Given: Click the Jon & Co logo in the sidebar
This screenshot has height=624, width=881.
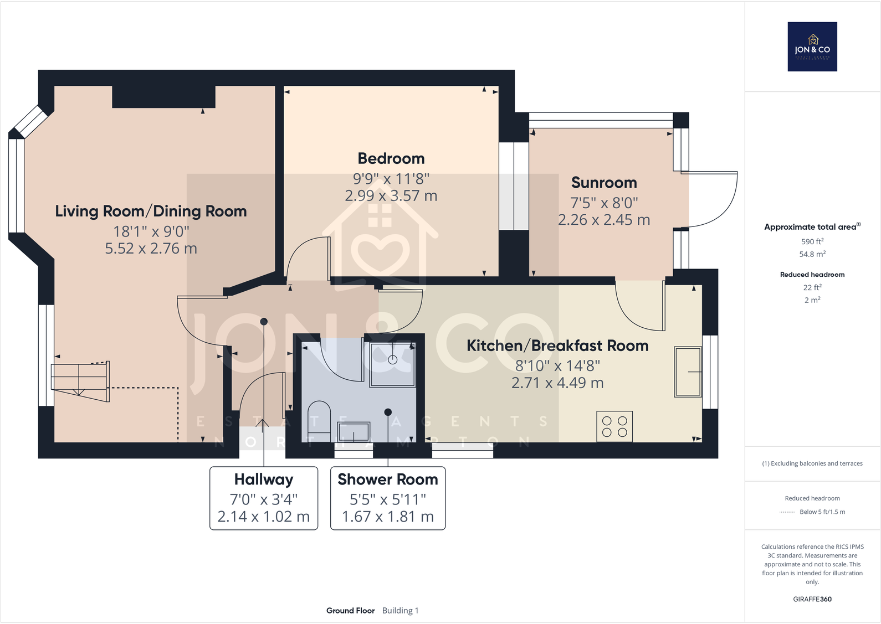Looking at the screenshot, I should [812, 47].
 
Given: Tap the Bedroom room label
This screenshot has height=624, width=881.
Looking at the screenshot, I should [391, 158].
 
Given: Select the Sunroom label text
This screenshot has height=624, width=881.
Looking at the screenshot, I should [604, 183].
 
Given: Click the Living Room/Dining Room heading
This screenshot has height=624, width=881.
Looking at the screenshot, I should [151, 211].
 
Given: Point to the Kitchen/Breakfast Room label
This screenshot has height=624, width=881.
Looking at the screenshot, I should [557, 345].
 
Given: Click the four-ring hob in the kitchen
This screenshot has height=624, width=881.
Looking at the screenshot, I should [614, 426].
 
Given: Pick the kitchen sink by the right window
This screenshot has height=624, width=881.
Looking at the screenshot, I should [688, 372].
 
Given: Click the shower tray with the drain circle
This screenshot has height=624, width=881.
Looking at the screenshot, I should [392, 364].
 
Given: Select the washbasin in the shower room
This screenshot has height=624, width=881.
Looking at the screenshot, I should [354, 431].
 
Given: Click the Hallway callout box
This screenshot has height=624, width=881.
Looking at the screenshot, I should [264, 498].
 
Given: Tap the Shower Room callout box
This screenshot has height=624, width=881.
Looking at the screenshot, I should [388, 498].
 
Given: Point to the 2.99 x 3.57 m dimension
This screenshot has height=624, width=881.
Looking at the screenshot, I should [391, 195].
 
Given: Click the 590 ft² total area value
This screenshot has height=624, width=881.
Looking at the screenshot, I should [812, 241].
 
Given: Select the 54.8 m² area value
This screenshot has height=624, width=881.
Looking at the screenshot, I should [812, 254].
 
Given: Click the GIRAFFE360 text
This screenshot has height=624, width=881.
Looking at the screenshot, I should [812, 599].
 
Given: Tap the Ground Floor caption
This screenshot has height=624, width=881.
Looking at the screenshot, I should [350, 611].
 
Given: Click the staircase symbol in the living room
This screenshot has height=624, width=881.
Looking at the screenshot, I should [80, 381].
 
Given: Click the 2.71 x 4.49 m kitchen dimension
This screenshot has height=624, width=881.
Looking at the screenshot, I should [557, 383].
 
